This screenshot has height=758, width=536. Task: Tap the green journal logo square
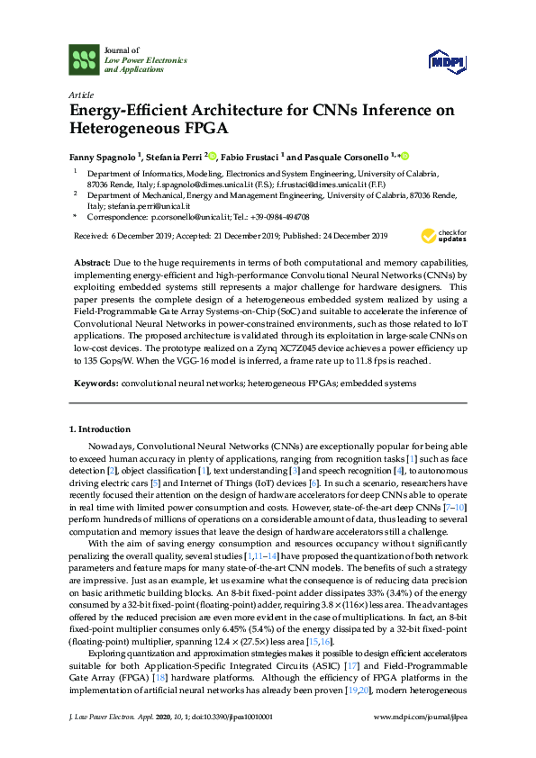pos(84,60)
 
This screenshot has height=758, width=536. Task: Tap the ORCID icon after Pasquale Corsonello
pos(405,154)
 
